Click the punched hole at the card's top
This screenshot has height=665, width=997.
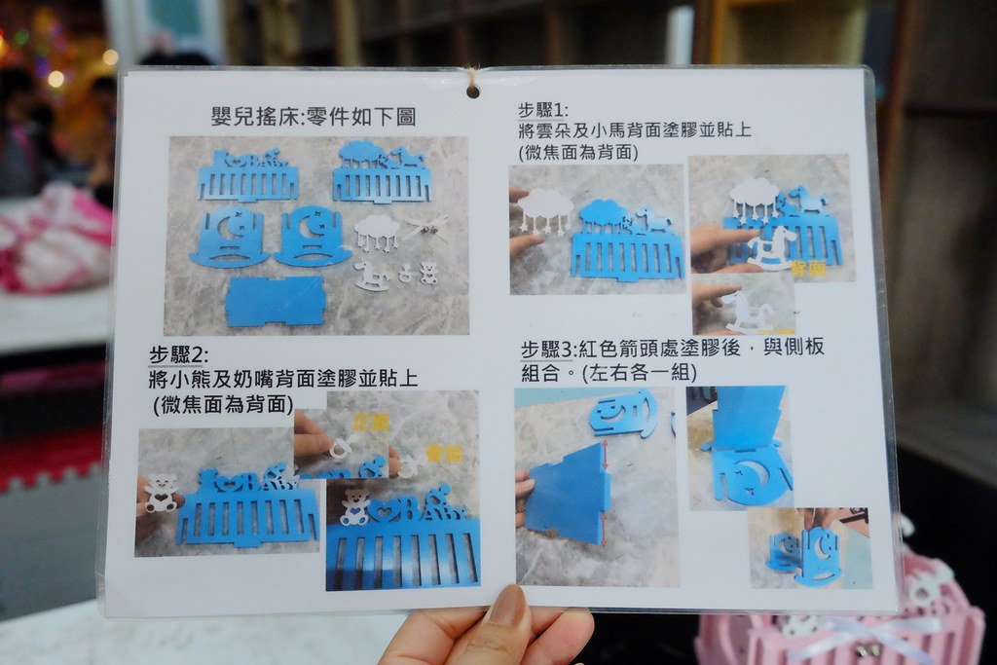point(472,91)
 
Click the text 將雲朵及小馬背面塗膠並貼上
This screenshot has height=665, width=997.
point(634,131)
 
